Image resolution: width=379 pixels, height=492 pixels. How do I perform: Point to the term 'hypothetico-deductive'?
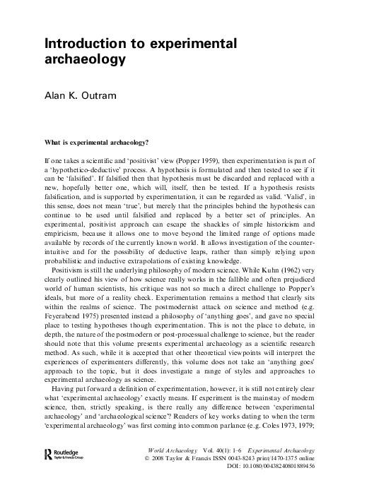(x=81, y=172)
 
